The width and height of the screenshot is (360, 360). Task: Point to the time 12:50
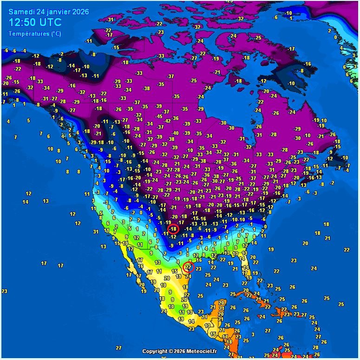(23, 22)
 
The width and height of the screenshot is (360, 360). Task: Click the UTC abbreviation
(52, 22)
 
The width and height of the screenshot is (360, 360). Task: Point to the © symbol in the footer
(171, 352)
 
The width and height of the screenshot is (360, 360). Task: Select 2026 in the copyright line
(180, 352)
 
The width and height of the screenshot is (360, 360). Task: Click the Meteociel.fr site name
(203, 352)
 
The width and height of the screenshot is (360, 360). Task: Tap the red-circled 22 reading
(188, 267)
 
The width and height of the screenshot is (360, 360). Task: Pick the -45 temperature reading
(159, 117)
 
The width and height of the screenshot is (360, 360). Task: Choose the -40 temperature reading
(175, 133)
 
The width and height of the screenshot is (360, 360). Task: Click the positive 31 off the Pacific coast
(95, 232)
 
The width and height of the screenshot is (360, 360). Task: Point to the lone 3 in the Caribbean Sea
(252, 334)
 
